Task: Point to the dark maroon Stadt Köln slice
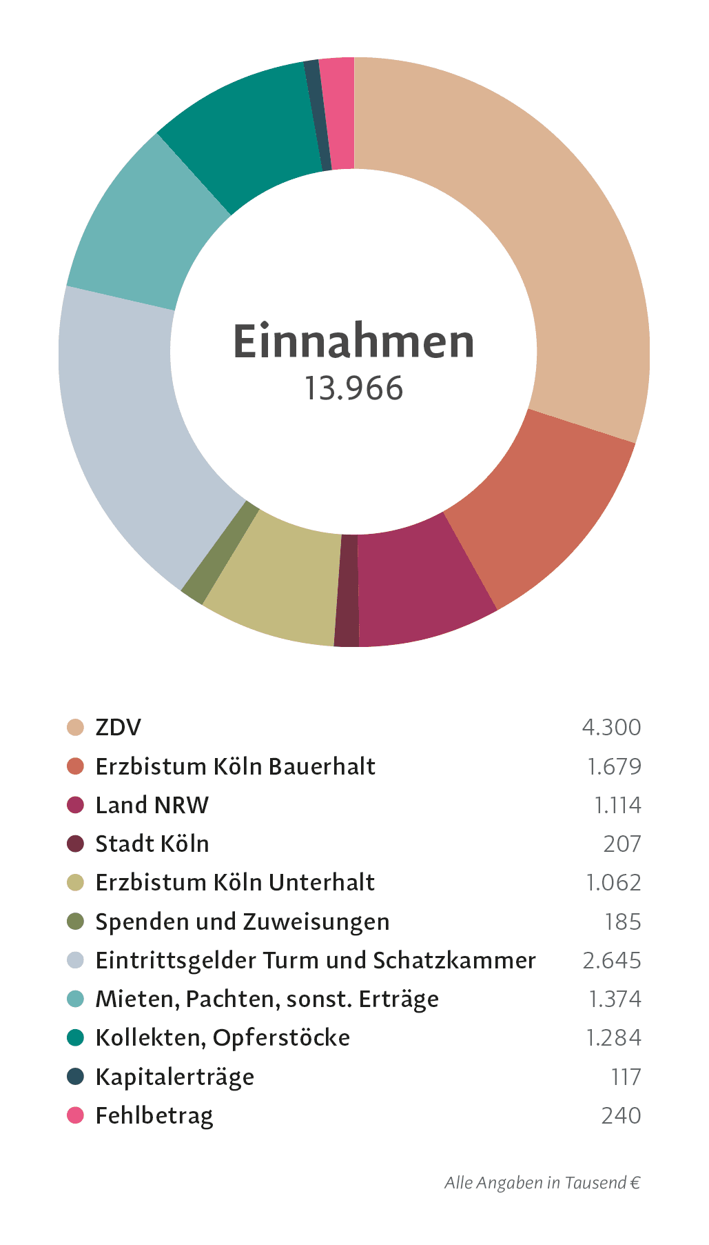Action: coord(347,591)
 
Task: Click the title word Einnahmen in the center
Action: coord(354,341)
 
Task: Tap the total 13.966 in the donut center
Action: coord(354,388)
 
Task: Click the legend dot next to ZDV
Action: coord(75,727)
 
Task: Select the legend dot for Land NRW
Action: coord(75,805)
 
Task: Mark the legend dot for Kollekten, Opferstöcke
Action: coord(75,1037)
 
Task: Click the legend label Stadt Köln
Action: coord(152,844)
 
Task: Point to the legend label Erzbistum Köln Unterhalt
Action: coord(235,882)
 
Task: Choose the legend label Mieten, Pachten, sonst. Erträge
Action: coord(267,999)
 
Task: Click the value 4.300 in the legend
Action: coord(611,727)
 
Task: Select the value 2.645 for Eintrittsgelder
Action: coord(611,960)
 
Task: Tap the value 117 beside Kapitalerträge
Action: coord(626,1077)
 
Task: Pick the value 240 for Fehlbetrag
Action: coord(621,1115)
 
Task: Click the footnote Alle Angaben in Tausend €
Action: coord(542,1183)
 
